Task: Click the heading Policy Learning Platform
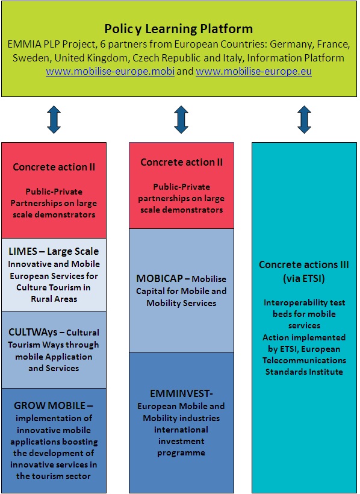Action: (179, 29)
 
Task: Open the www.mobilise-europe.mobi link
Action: (110, 72)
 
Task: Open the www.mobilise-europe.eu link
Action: (253, 72)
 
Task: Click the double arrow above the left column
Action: (54, 119)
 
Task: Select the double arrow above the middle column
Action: (181, 119)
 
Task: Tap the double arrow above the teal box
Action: (304, 119)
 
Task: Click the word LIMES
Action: (23, 251)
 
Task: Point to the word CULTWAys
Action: (33, 333)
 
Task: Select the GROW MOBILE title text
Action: (50, 405)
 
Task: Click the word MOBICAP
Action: (160, 278)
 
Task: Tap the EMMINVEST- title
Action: (181, 393)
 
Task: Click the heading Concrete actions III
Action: (304, 264)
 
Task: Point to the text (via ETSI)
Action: (304, 278)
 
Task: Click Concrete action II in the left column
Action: (54, 167)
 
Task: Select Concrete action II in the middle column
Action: (181, 162)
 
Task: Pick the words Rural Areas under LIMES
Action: (54, 299)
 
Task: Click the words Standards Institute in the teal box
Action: (304, 372)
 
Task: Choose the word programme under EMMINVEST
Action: (181, 453)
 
